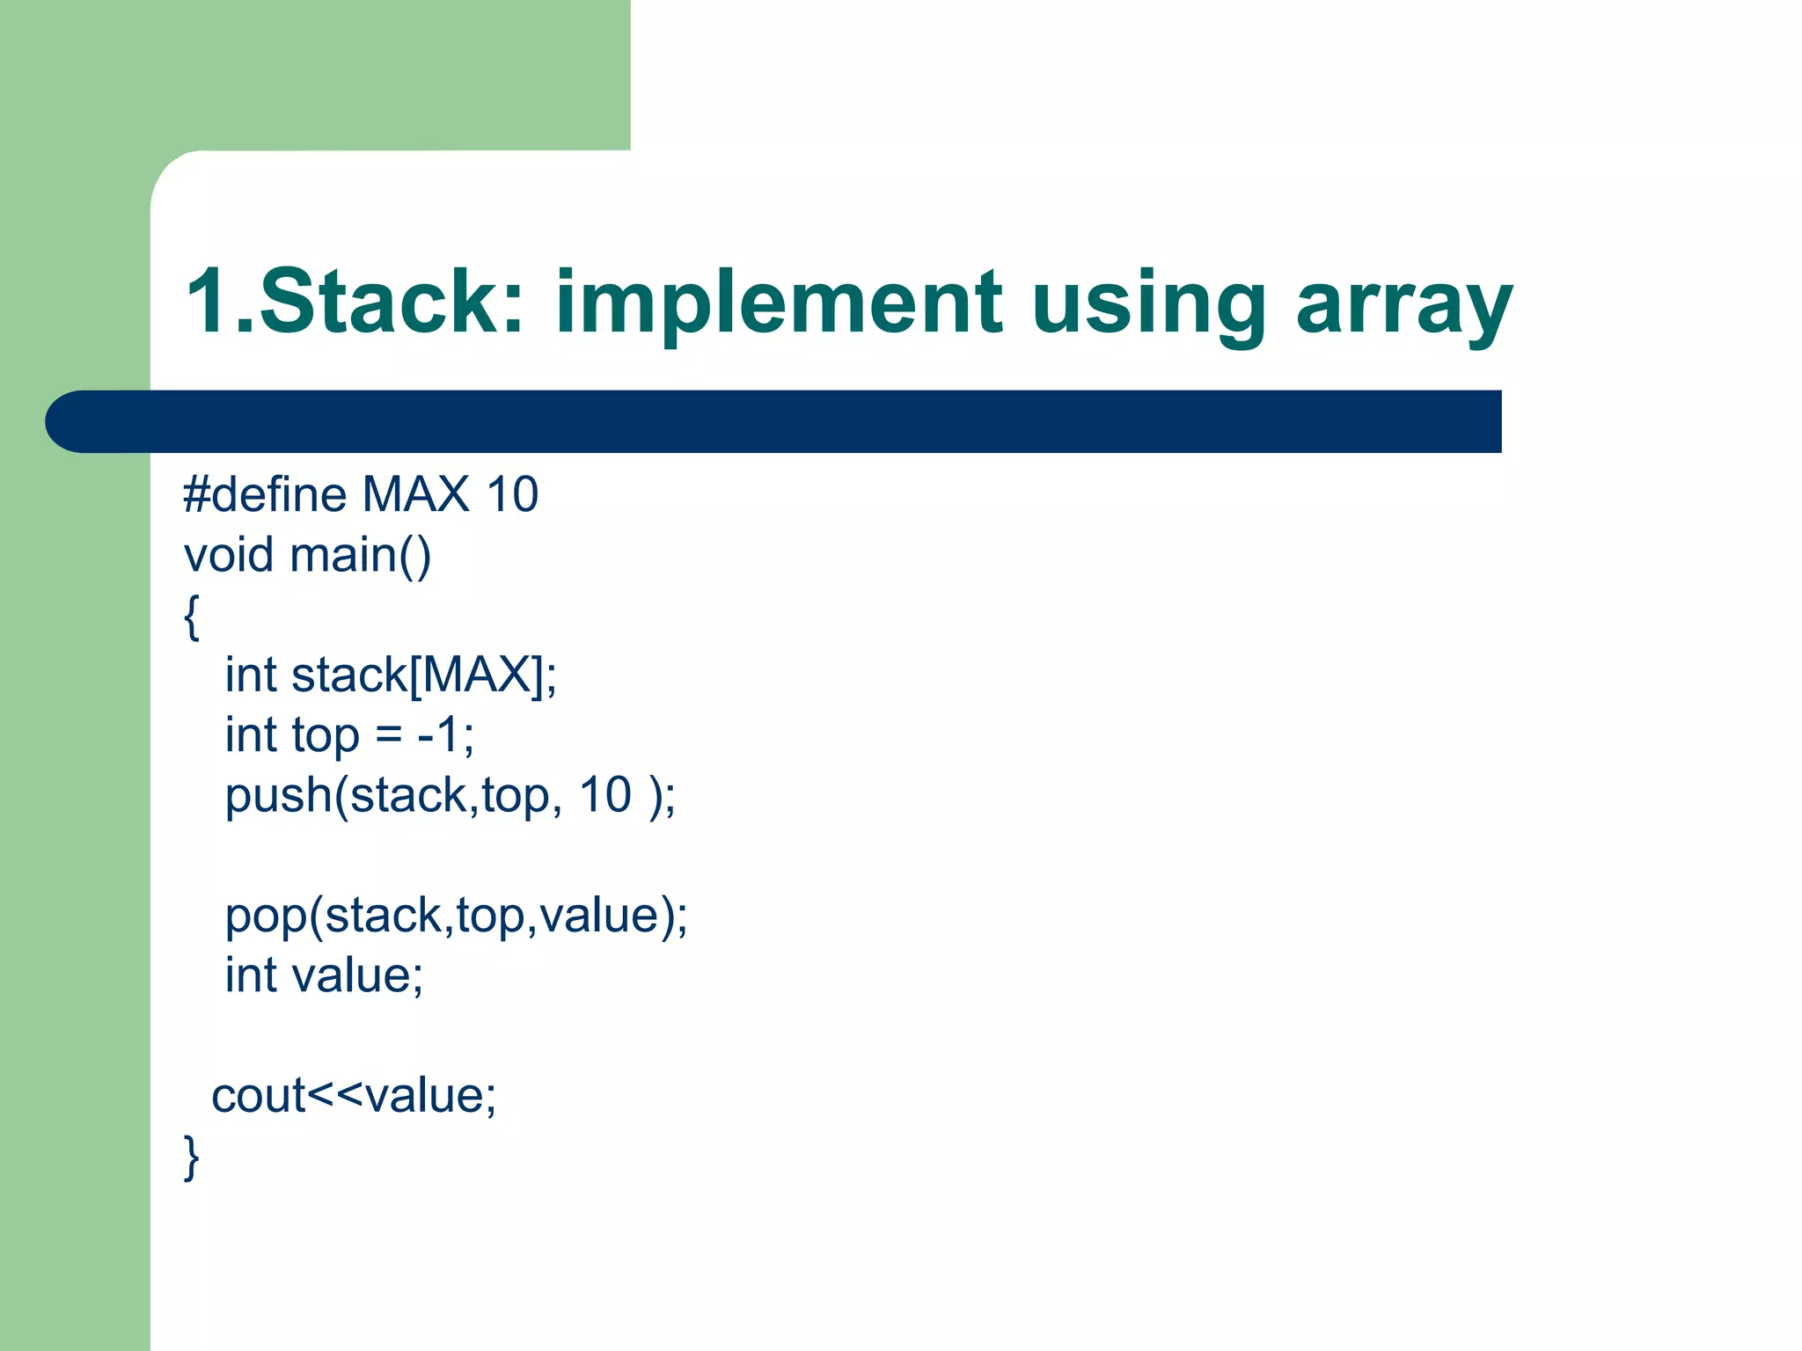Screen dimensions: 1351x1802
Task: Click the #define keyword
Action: pyautogui.click(x=264, y=494)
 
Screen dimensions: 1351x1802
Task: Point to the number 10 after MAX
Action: pyautogui.click(x=512, y=494)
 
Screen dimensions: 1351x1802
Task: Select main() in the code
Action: pyautogui.click(x=360, y=555)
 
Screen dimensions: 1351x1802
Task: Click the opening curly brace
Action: pyautogui.click(x=191, y=617)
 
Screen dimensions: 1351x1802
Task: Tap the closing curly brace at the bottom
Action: pyautogui.click(x=191, y=1157)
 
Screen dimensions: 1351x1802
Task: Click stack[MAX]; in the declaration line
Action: pyautogui.click(x=423, y=675)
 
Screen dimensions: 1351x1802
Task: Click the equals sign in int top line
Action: pyautogui.click(x=388, y=736)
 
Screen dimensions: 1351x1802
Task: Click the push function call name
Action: pyautogui.click(x=277, y=797)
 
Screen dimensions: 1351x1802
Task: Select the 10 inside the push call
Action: pyautogui.click(x=604, y=795)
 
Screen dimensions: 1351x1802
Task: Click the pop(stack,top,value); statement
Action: pyautogui.click(x=456, y=916)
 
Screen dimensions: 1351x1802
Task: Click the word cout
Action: pyautogui.click(x=258, y=1096)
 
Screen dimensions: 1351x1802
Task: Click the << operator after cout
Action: pyautogui.click(x=335, y=1097)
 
